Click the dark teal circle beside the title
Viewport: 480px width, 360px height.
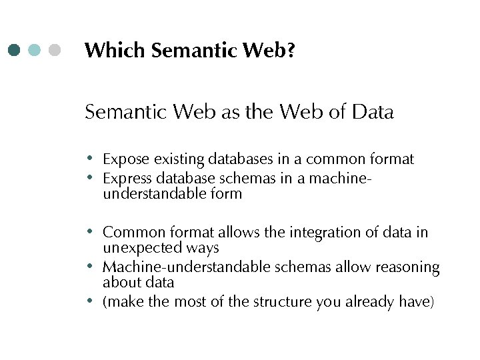[15, 50]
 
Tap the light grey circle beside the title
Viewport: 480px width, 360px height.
[55, 50]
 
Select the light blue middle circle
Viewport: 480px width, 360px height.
[35, 50]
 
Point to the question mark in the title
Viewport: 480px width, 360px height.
[291, 50]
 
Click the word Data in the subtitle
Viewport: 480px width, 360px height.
[371, 112]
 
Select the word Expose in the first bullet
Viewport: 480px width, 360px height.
[126, 159]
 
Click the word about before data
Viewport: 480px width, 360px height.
[120, 283]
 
